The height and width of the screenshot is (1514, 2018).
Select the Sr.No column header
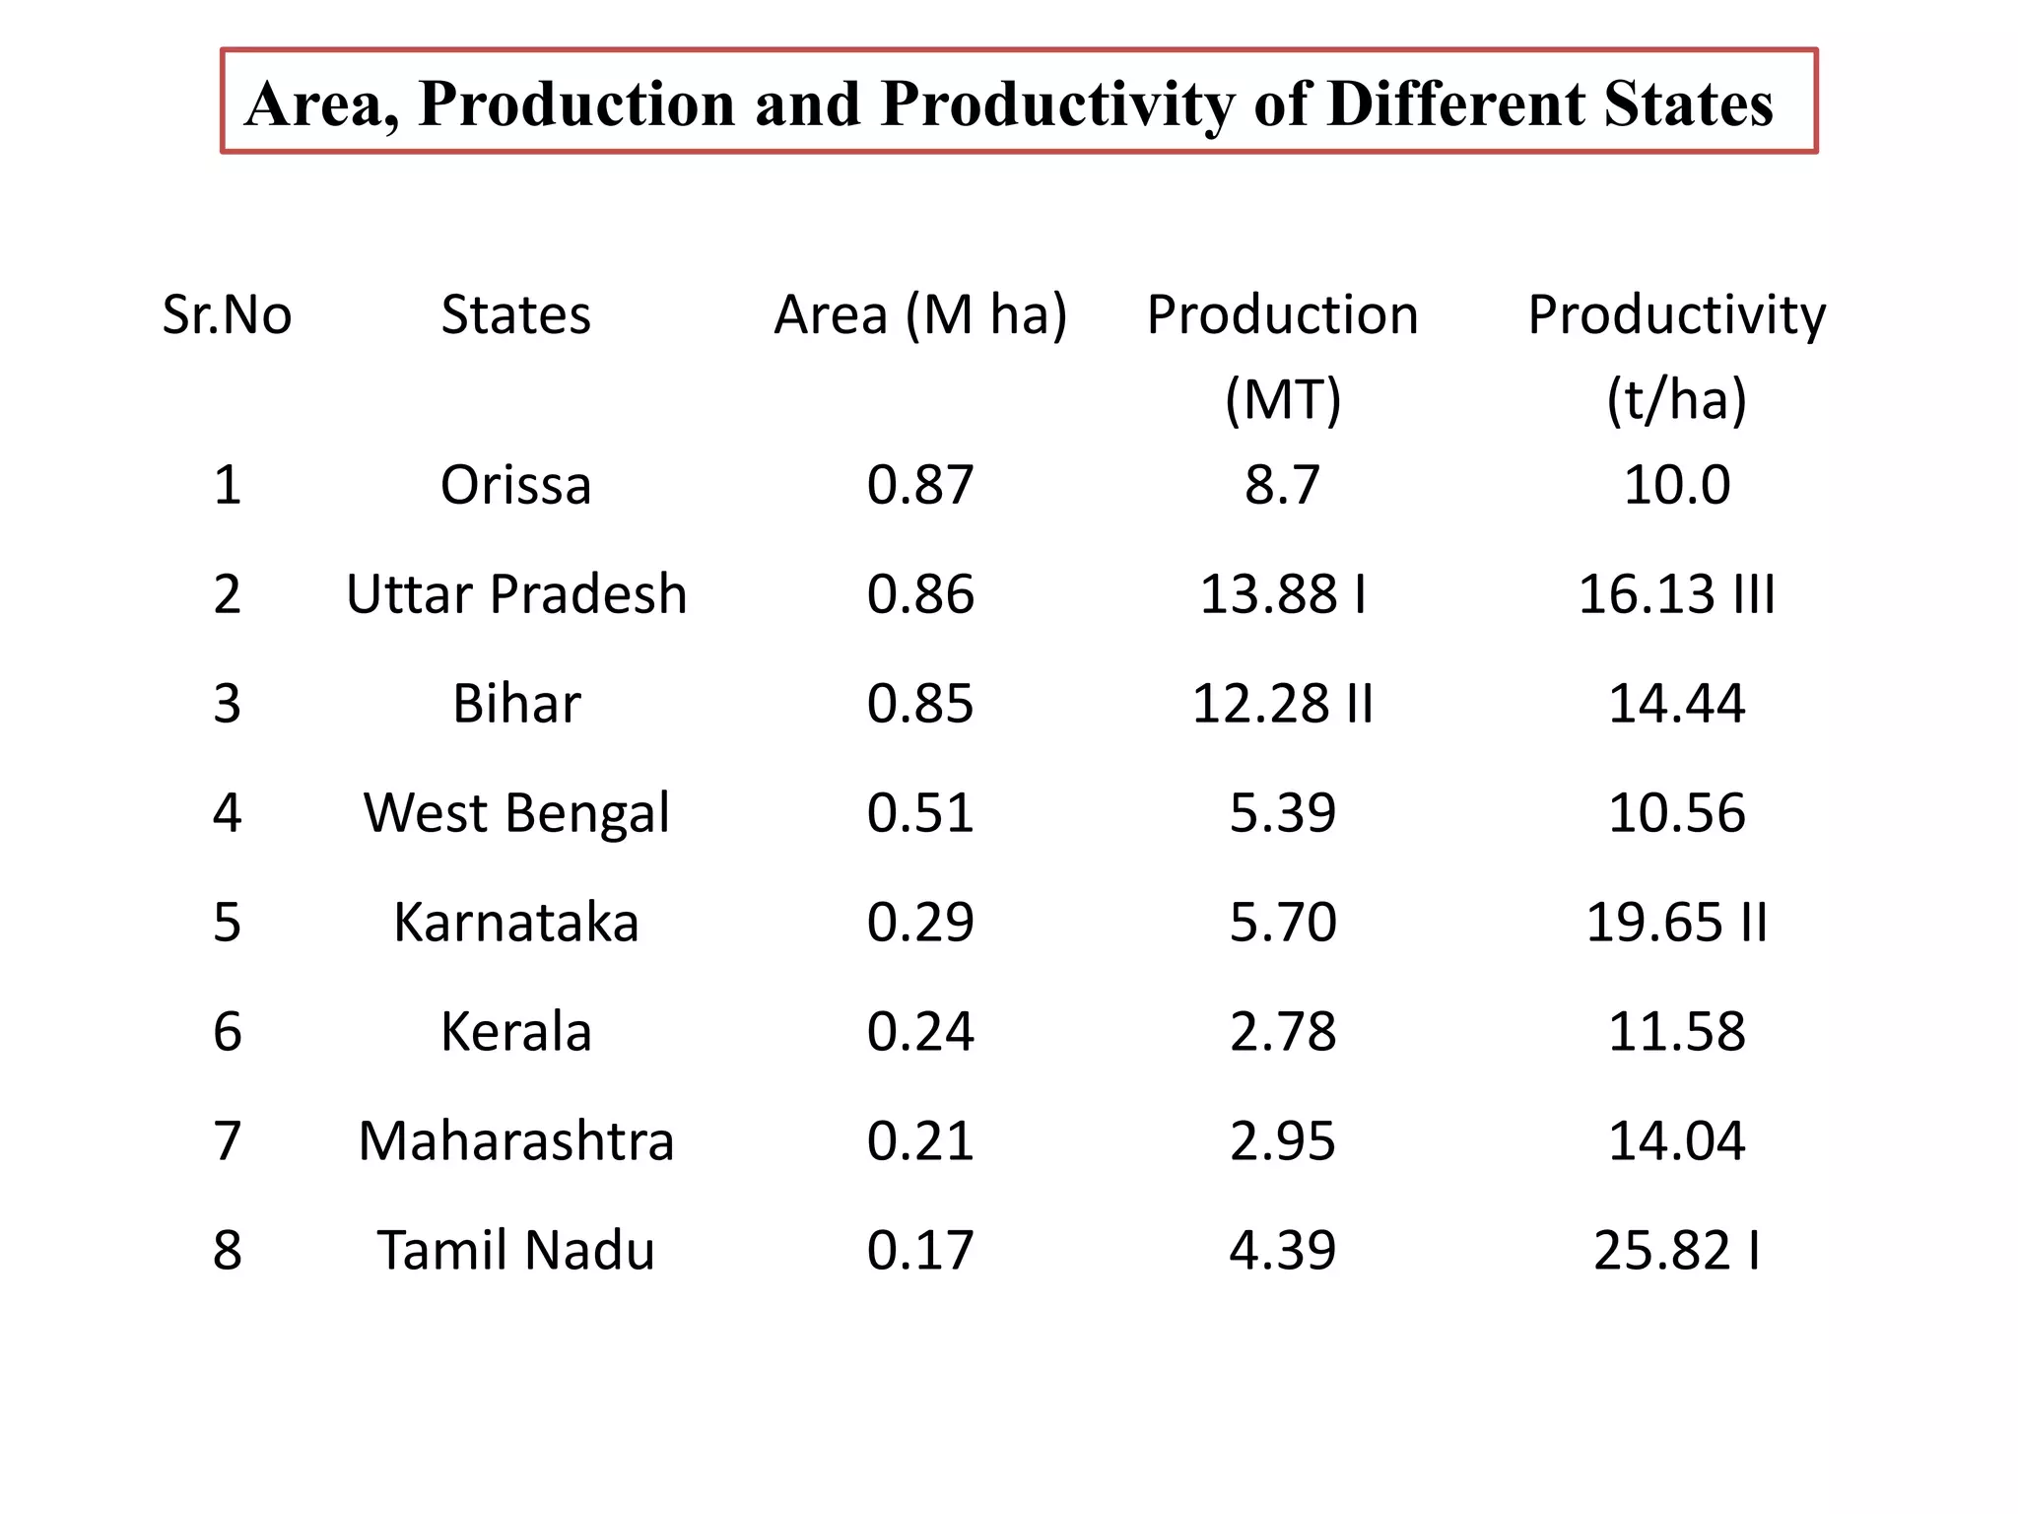point(227,315)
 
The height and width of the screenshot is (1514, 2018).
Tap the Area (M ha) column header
point(920,315)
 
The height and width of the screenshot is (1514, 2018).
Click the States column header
point(515,315)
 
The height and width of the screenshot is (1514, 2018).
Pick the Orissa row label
point(515,485)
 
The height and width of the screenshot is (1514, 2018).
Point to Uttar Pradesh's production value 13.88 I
point(1282,594)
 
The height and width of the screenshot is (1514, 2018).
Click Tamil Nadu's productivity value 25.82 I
point(1676,1251)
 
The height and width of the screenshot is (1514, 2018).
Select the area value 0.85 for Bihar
point(920,704)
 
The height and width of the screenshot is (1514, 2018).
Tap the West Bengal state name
point(515,813)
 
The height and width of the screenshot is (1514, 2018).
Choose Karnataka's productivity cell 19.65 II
point(1676,923)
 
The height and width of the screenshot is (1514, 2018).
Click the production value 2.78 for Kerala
point(1282,1032)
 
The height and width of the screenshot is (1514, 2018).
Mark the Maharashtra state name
point(515,1141)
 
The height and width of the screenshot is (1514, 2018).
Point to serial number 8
point(227,1251)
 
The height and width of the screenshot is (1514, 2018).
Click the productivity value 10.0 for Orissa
point(1676,485)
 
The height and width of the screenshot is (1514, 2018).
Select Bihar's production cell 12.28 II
point(1282,704)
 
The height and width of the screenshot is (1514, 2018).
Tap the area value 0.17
point(920,1251)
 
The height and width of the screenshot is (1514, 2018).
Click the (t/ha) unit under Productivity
point(1676,400)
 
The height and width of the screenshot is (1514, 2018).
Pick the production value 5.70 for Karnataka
point(1282,923)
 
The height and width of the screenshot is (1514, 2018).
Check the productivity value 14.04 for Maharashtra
point(1676,1141)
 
